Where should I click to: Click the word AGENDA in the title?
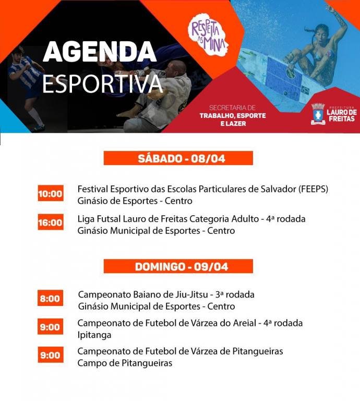pyautogui.click(x=100, y=51)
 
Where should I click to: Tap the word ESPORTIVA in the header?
pyautogui.click(x=102, y=83)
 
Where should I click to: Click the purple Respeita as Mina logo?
pyautogui.click(x=208, y=35)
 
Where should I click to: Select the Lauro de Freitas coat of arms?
pyautogui.click(x=318, y=114)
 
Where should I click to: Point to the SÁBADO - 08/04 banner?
pyautogui.click(x=178, y=158)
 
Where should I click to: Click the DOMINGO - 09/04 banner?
pyautogui.click(x=178, y=266)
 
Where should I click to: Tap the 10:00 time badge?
pyautogui.click(x=51, y=193)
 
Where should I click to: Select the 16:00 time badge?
pyautogui.click(x=51, y=222)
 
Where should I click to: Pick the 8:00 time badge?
pyautogui.click(x=50, y=298)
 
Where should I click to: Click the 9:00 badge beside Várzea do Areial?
pyautogui.click(x=50, y=326)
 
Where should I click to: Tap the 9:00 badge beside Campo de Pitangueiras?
pyautogui.click(x=50, y=355)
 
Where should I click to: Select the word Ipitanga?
pyautogui.click(x=94, y=335)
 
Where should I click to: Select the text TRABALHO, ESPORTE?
pyautogui.click(x=233, y=115)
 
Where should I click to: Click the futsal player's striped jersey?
pyautogui.click(x=23, y=74)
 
